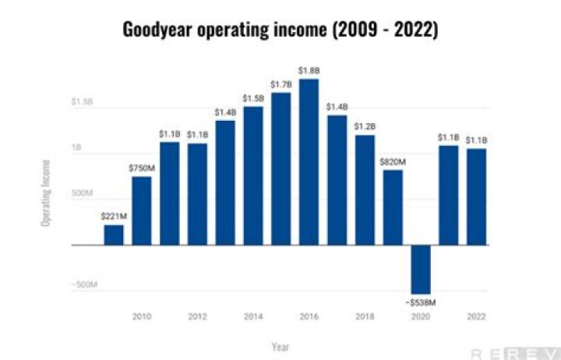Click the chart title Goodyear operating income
click(x=280, y=30)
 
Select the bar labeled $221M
click(x=114, y=235)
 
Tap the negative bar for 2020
click(x=421, y=269)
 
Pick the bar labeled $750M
click(x=142, y=210)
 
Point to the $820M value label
click(x=393, y=161)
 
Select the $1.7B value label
click(x=280, y=84)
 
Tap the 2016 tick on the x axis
click(x=309, y=317)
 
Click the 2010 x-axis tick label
click(x=142, y=317)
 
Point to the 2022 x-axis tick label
click(x=476, y=317)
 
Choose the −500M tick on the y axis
click(x=86, y=285)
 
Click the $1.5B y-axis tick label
click(x=83, y=101)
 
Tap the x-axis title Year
click(x=280, y=346)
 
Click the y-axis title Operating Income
click(x=46, y=192)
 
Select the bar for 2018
click(x=365, y=190)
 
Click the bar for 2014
click(x=252, y=175)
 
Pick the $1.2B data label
click(x=365, y=126)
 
